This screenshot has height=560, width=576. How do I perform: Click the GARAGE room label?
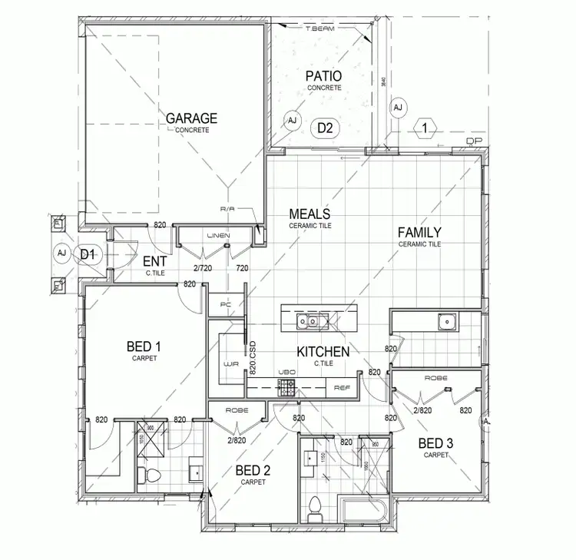(192, 119)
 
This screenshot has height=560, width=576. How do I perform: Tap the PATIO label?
(323, 77)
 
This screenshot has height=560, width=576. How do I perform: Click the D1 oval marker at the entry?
(87, 253)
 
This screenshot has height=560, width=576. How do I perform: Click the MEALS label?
(310, 214)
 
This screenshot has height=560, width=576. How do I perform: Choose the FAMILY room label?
(419, 233)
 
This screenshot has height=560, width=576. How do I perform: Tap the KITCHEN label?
(323, 353)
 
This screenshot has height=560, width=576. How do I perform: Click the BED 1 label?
(144, 348)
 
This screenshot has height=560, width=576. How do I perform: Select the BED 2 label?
(253, 470)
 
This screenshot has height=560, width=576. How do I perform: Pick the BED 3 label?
(435, 443)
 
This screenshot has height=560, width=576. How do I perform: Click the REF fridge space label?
(342, 388)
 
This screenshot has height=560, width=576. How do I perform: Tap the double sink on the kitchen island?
(313, 320)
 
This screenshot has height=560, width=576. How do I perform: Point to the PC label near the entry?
(225, 304)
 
